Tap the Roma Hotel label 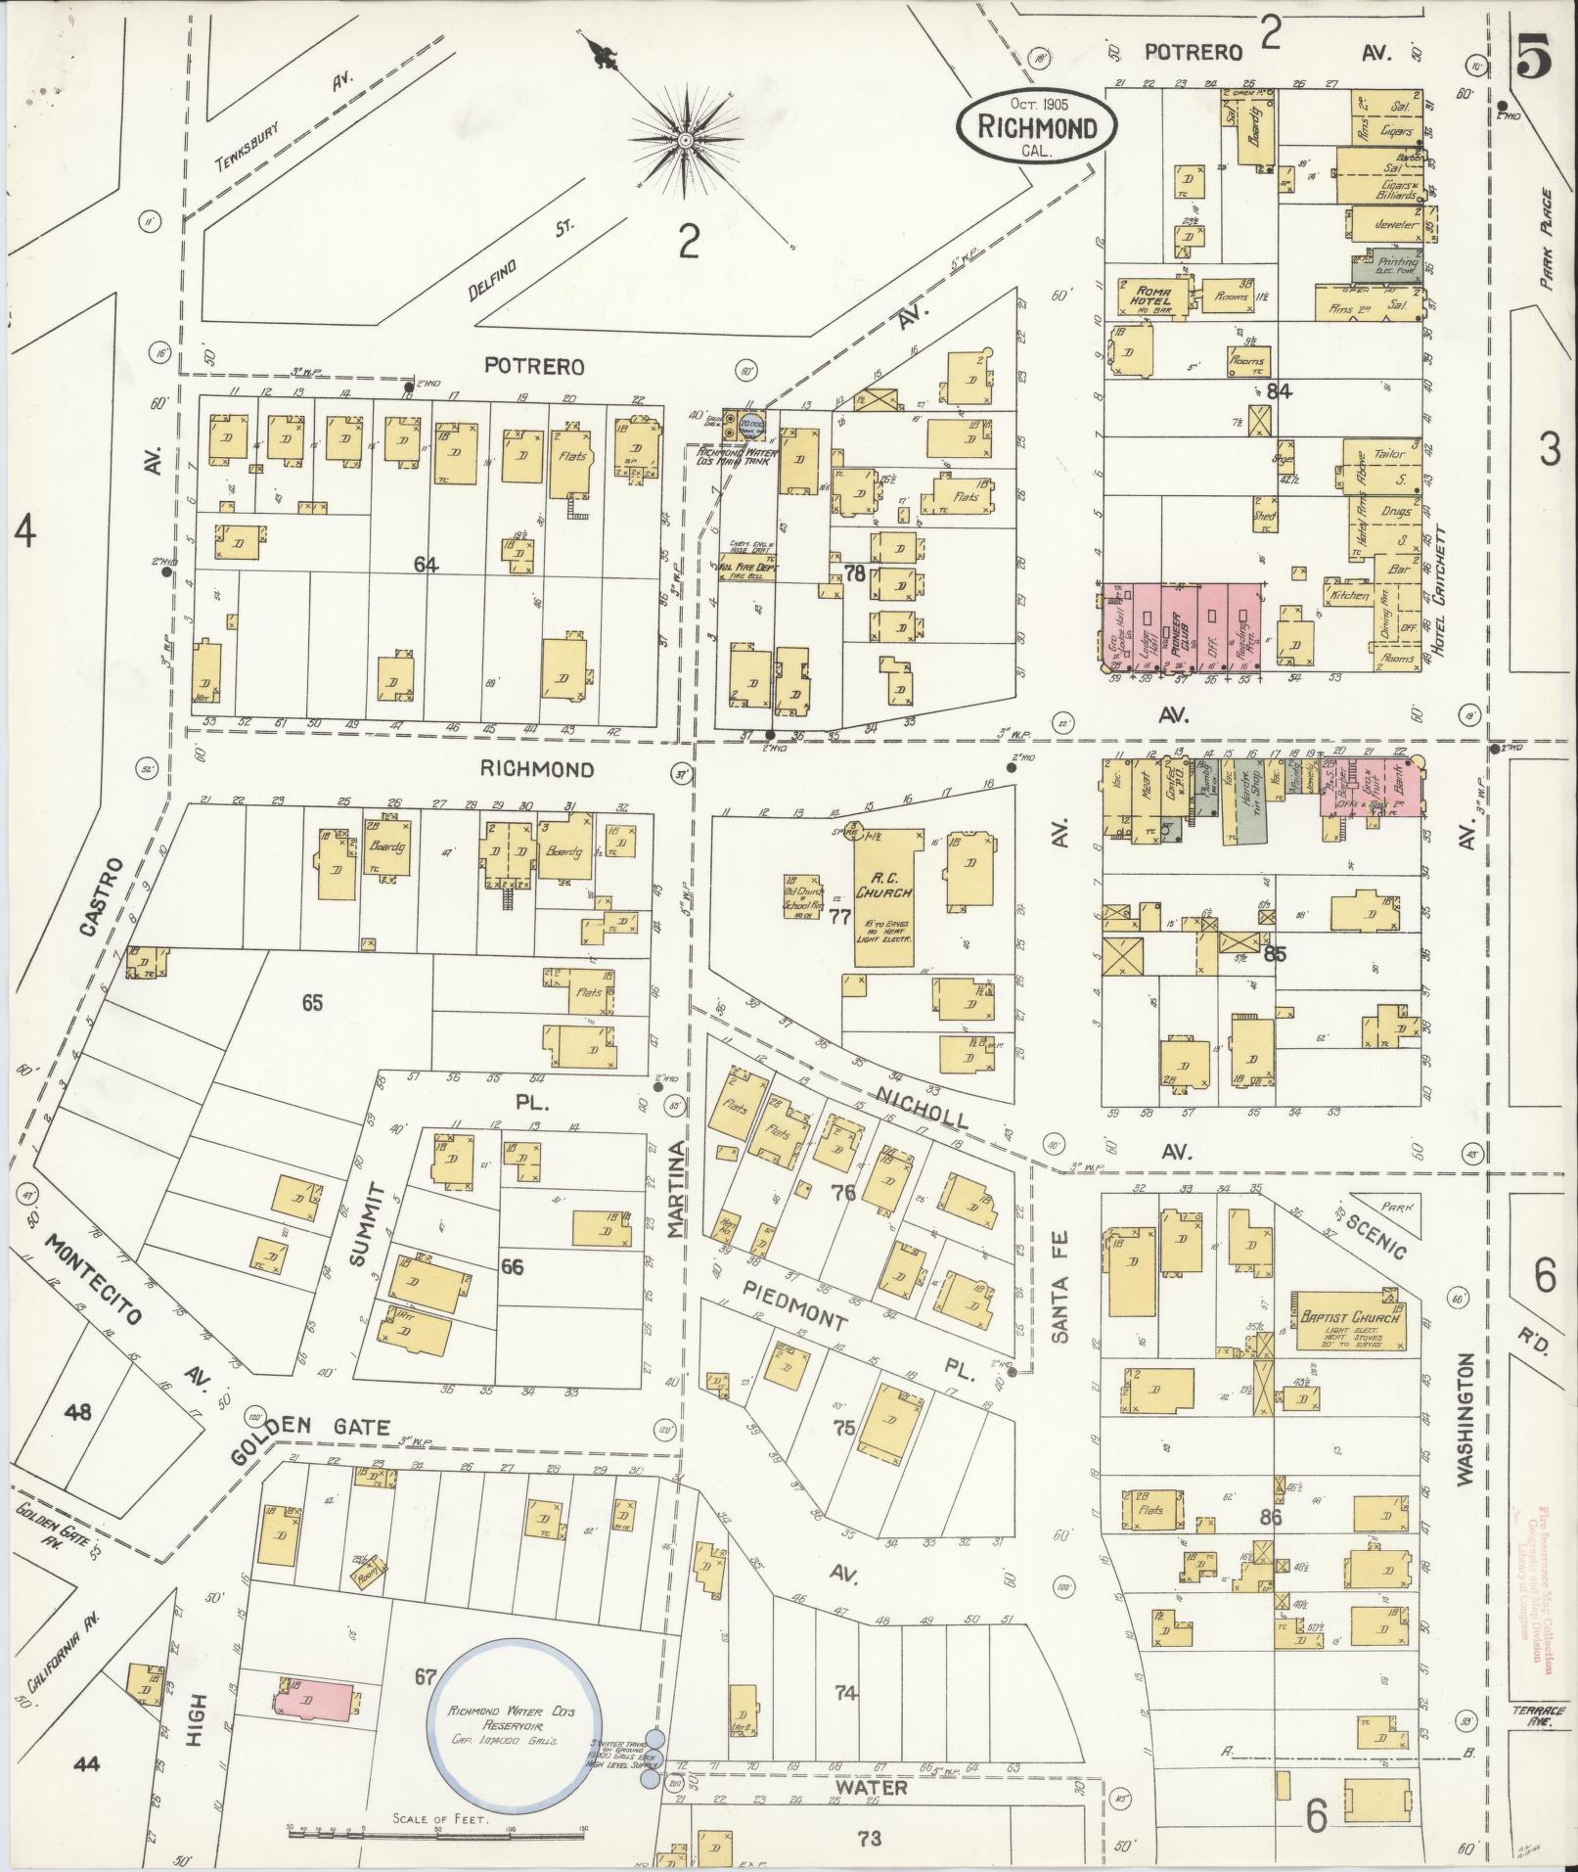point(1150,294)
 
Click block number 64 point(426,565)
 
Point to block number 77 point(839,917)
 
